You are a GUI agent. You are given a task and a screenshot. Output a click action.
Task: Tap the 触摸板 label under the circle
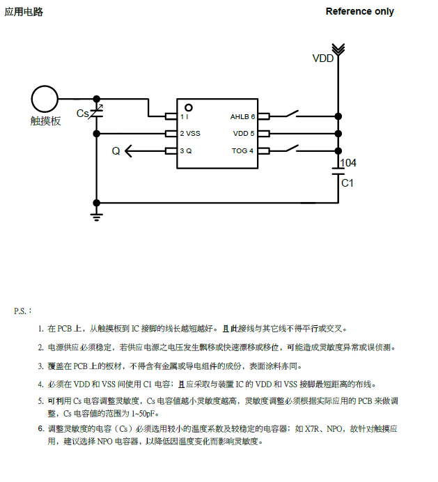pyautogui.click(x=46, y=120)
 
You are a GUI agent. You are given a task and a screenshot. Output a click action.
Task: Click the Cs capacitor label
pyautogui.click(x=82, y=113)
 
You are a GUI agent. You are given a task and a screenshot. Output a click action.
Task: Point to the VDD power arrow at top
pyautogui.click(x=338, y=49)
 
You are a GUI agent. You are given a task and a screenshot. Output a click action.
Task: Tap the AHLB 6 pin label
pyautogui.click(x=242, y=116)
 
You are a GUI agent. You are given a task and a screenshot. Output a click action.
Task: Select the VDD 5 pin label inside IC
pyautogui.click(x=244, y=133)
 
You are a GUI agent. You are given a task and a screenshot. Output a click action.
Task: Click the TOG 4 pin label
pyautogui.click(x=243, y=150)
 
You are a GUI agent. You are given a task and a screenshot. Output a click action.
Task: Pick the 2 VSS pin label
pyautogui.click(x=190, y=133)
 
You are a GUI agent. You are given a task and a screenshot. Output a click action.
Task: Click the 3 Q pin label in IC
pyautogui.click(x=186, y=150)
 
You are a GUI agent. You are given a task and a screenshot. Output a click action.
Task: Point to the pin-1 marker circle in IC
pyautogui.click(x=188, y=107)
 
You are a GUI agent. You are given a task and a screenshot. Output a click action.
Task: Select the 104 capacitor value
pyautogui.click(x=348, y=163)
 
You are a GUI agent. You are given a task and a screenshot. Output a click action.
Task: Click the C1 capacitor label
pyautogui.click(x=347, y=182)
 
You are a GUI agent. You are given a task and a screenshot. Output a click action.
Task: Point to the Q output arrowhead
pyautogui.click(x=130, y=150)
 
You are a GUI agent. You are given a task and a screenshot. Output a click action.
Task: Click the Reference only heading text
pyautogui.click(x=359, y=11)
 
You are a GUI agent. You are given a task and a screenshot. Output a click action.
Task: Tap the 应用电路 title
pyautogui.click(x=24, y=11)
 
